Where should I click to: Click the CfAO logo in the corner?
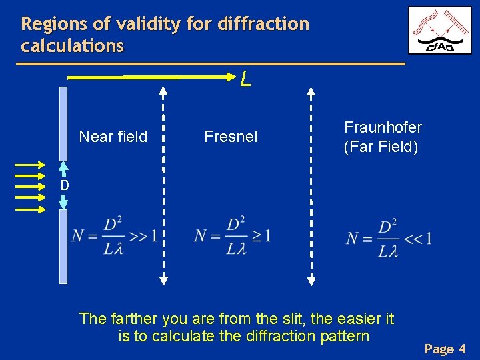pyautogui.click(x=439, y=31)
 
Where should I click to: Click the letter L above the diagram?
pyautogui.click(x=246, y=80)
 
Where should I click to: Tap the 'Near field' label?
pyautogui.click(x=113, y=137)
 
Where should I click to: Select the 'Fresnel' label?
pyautogui.click(x=231, y=137)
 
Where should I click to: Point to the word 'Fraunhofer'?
pyautogui.click(x=383, y=127)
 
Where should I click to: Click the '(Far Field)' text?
pyautogui.click(x=381, y=147)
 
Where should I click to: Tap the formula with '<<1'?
pyautogui.click(x=388, y=238)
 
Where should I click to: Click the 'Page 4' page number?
pyautogui.click(x=445, y=349)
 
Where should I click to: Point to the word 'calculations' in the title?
pyautogui.click(x=72, y=45)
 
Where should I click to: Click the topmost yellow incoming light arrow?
pyautogui.click(x=31, y=163)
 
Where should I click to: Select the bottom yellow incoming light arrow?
pyautogui.click(x=31, y=209)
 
